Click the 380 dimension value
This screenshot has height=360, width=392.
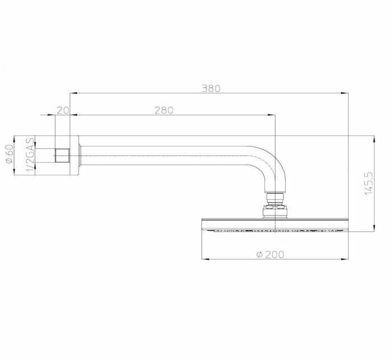211,88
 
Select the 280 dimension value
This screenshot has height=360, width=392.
164,110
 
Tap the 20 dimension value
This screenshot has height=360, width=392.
63,110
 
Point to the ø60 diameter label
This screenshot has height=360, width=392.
10,154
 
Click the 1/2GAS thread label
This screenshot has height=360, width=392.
30,155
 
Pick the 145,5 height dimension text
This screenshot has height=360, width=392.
369,184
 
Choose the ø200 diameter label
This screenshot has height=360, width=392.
270,255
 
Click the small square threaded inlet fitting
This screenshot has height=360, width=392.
62,155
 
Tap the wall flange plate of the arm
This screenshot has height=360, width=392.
74,155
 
